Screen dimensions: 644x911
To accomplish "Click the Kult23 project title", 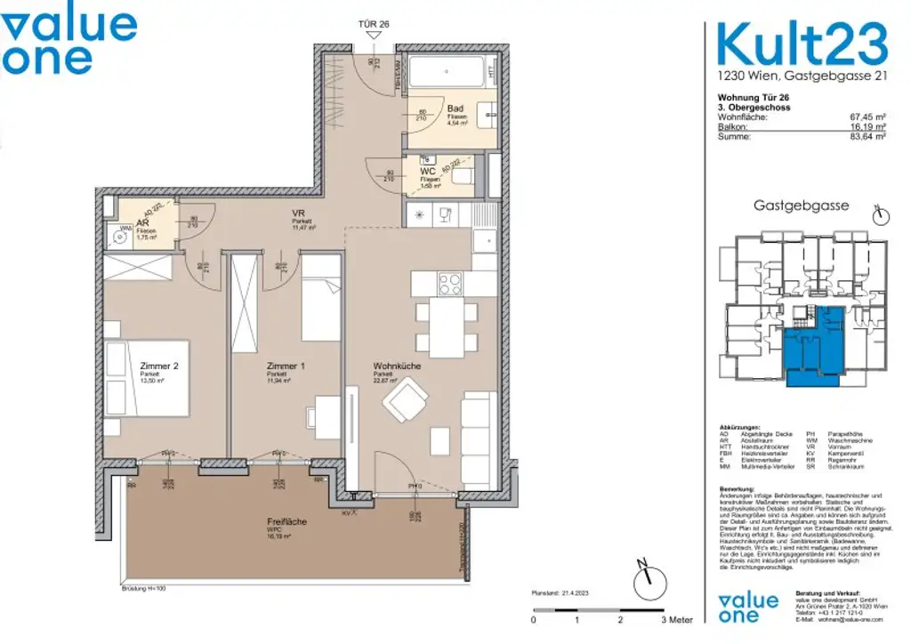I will click(x=802, y=42).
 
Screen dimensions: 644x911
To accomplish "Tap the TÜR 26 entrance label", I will click(x=375, y=25).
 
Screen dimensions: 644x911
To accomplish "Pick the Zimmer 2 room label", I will click(x=159, y=366).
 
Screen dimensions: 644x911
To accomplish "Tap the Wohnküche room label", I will click(x=397, y=366).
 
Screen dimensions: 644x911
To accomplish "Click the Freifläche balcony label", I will click(x=286, y=522).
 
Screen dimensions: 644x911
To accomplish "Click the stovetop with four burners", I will click(x=448, y=285).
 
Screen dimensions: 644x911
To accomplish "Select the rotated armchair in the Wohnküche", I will click(x=406, y=401).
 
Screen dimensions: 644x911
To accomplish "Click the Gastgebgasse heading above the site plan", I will click(x=801, y=205).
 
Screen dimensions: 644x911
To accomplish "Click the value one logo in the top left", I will click(x=69, y=41).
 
